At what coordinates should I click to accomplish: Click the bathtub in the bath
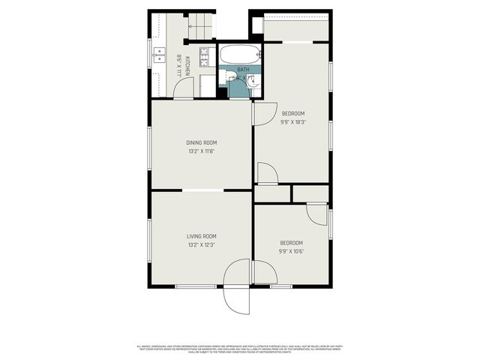(240, 55)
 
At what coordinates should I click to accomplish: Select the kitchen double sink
(160, 54)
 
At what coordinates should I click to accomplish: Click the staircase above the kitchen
(200, 28)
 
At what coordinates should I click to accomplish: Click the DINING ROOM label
(201, 142)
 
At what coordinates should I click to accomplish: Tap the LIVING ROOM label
(201, 236)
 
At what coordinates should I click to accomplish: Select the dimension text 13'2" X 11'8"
(201, 151)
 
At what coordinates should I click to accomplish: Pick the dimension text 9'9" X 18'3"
(293, 121)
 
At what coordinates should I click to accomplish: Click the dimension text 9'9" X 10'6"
(291, 251)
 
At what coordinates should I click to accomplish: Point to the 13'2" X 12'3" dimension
(201, 244)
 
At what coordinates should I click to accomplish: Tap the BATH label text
(243, 69)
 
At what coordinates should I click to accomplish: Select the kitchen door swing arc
(183, 88)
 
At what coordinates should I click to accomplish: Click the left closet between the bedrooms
(272, 193)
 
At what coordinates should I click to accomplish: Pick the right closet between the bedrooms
(310, 193)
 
